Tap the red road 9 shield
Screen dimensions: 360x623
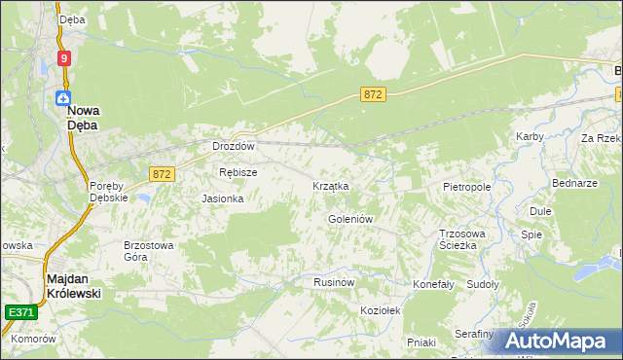click(64, 58)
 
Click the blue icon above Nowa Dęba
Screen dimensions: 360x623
click(63, 97)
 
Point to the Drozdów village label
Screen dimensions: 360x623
click(234, 147)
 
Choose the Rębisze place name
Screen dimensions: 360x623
click(238, 172)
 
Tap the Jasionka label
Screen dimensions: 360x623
click(222, 198)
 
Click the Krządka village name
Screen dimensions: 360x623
click(330, 186)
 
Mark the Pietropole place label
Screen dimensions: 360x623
click(466, 186)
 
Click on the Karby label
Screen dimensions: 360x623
click(530, 137)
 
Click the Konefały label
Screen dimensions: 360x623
click(434, 285)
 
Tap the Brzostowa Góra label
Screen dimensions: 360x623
click(148, 251)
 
